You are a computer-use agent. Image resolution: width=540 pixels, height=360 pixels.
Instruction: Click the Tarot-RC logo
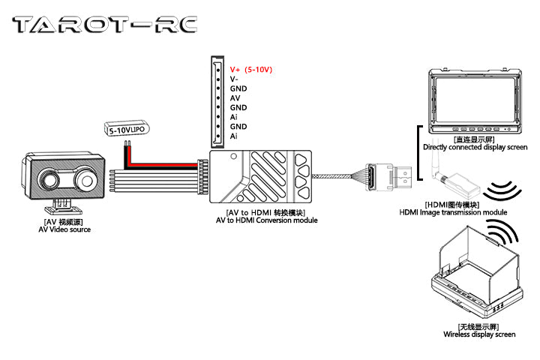[x=106, y=25]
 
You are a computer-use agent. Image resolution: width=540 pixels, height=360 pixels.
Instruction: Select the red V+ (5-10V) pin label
[x=251, y=69]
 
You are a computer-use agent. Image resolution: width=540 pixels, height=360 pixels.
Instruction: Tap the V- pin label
[x=235, y=79]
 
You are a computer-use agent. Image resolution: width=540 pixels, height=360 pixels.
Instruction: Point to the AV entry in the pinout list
[x=235, y=97]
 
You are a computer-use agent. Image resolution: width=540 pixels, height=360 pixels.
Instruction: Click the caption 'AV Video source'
[x=64, y=229]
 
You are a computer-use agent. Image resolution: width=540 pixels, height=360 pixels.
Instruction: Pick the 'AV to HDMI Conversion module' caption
[x=266, y=220]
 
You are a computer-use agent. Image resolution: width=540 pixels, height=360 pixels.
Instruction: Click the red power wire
[x=165, y=159]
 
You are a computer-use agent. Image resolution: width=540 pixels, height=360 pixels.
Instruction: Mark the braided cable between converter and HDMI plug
[x=337, y=177]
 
